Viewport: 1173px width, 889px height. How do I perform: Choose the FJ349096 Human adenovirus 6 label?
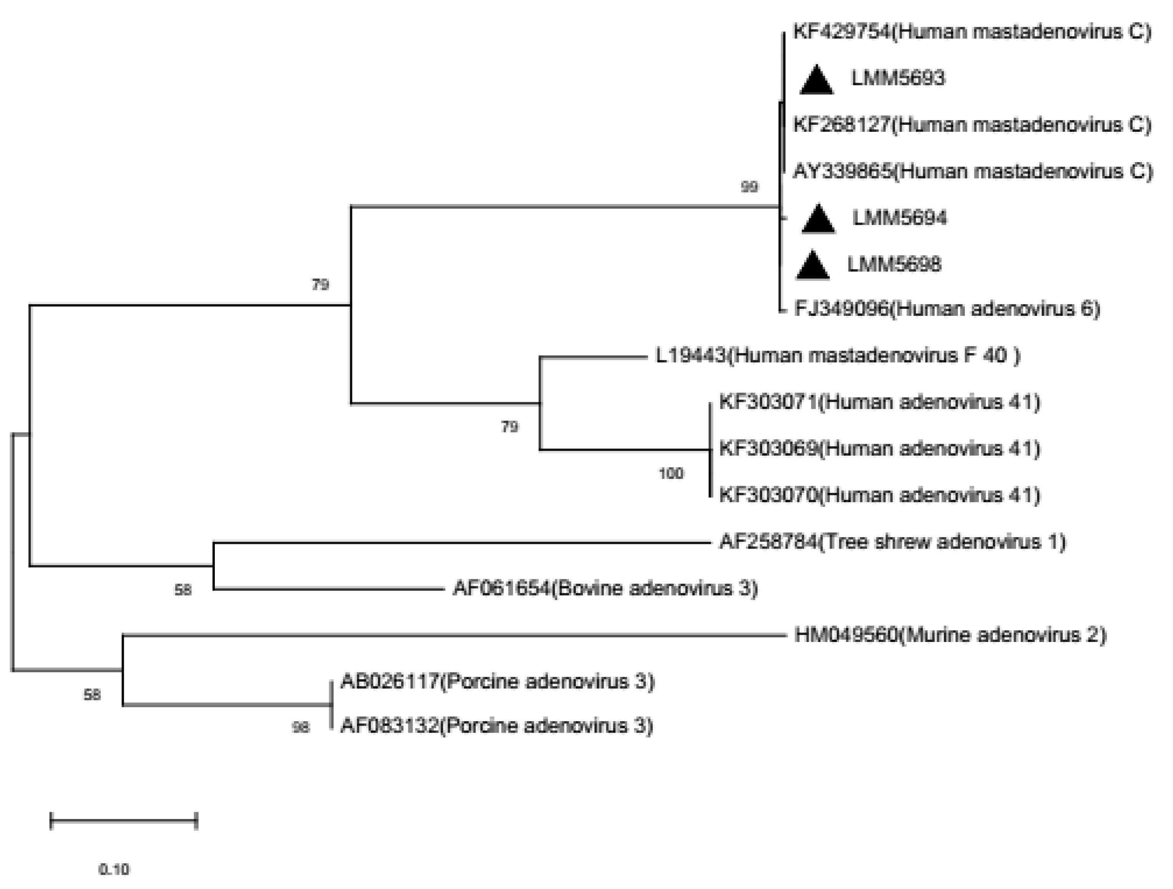click(x=947, y=308)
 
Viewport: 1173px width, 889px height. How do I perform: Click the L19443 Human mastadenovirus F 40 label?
click(x=838, y=355)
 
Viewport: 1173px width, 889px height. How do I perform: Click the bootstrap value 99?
click(x=749, y=187)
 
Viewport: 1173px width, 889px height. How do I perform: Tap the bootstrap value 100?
click(x=671, y=473)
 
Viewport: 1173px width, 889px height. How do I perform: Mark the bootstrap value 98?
click(x=300, y=727)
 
